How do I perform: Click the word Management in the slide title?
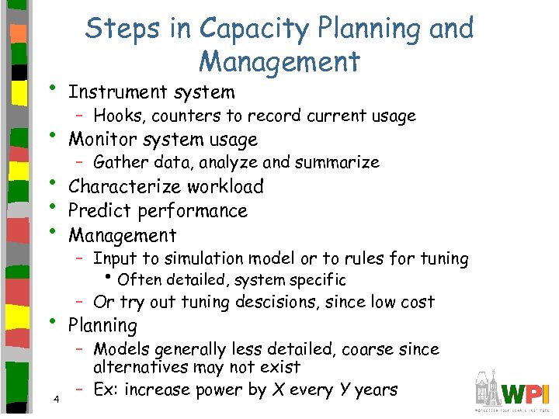coord(279,61)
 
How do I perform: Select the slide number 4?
coord(57,399)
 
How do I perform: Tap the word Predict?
coord(98,211)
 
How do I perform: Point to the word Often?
coord(139,280)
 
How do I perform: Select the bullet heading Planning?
coord(102,326)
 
